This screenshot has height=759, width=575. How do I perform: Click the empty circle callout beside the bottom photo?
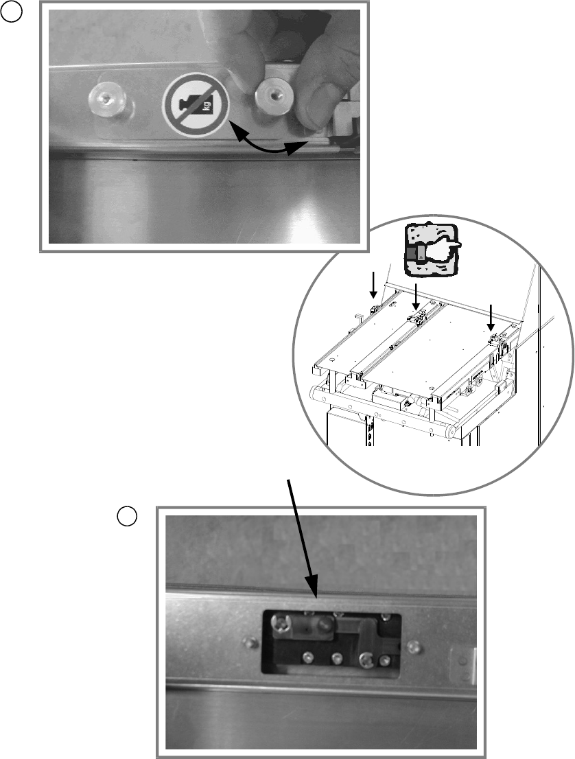coord(126,515)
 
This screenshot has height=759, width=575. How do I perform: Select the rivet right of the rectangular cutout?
coord(414,646)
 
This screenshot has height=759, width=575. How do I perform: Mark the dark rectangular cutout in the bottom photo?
coord(332,642)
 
